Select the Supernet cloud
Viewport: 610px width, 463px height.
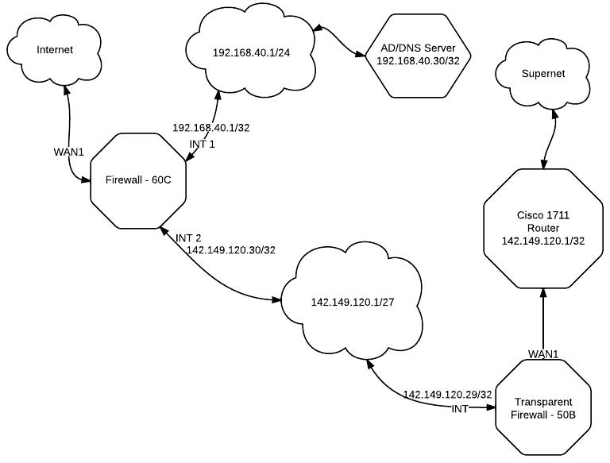click(543, 74)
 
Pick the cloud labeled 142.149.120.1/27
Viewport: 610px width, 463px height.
click(352, 302)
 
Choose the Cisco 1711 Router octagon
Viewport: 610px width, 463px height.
click(543, 228)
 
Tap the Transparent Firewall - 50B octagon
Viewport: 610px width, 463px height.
click(543, 408)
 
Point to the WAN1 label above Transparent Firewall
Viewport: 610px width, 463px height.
click(543, 352)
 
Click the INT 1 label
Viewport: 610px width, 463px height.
click(202, 144)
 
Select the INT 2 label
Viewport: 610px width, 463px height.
click(188, 237)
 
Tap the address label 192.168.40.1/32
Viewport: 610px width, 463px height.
click(211, 128)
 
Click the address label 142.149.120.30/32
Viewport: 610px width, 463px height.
click(231, 250)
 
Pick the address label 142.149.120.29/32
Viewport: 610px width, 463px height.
click(448, 395)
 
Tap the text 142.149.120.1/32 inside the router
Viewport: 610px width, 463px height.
click(543, 241)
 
